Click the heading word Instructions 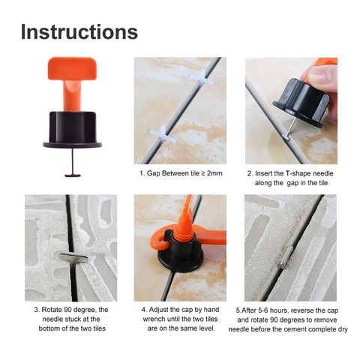pos(79,32)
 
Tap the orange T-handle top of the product pos(72,68)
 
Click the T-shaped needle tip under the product pos(73,175)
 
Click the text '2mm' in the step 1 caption pos(214,173)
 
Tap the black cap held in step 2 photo pos(301,103)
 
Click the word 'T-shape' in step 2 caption pos(298,173)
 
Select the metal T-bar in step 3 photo pos(73,257)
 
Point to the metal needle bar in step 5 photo pos(286,256)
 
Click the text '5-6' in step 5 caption pos(263,310)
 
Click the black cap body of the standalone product pos(73,128)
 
